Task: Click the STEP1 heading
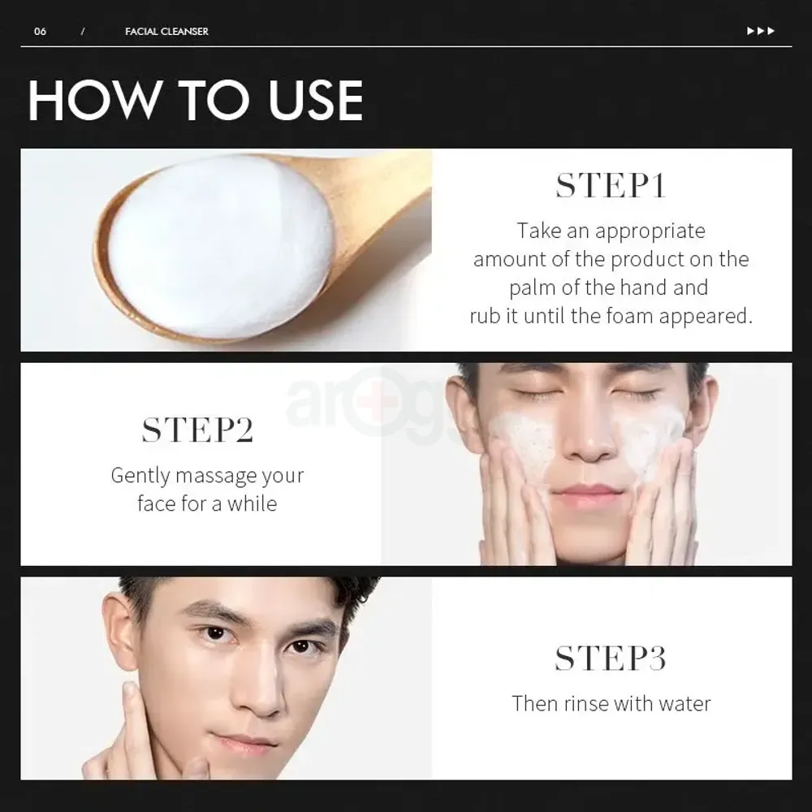click(611, 185)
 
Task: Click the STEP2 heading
click(197, 430)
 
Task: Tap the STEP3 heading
click(611, 659)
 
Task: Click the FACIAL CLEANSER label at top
click(166, 32)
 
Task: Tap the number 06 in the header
click(40, 32)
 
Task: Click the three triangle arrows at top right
click(760, 32)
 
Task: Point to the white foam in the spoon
click(219, 244)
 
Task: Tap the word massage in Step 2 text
click(214, 475)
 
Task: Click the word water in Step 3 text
click(684, 703)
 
